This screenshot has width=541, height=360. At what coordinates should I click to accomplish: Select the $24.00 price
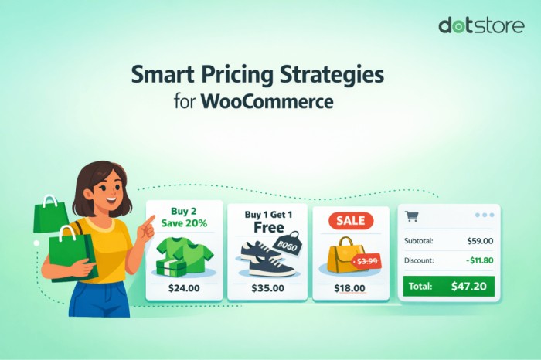click(x=184, y=288)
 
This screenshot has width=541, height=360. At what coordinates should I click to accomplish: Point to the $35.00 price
click(x=267, y=288)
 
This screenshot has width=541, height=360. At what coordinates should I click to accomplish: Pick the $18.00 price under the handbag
click(x=350, y=288)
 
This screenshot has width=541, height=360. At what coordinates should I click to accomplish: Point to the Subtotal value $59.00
click(x=480, y=240)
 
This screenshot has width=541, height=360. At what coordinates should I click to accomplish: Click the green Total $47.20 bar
click(x=448, y=287)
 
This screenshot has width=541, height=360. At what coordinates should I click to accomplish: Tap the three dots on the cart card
click(x=485, y=216)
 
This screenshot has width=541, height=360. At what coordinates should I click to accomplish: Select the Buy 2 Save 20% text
click(x=184, y=216)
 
